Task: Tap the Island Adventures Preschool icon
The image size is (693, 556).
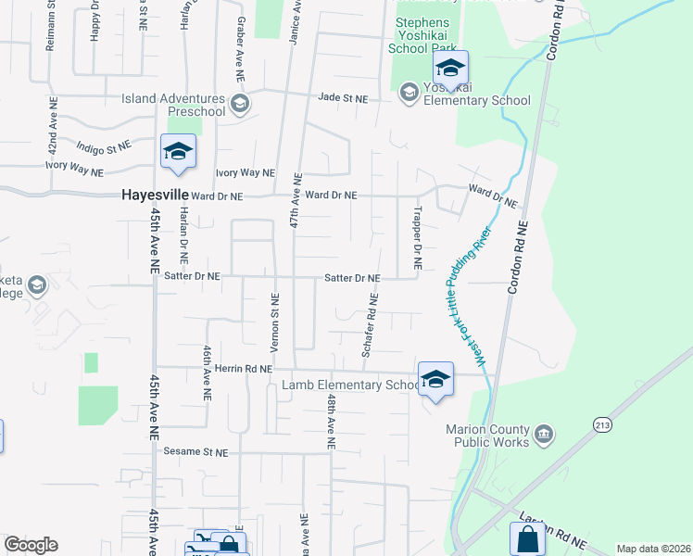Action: pyautogui.click(x=240, y=103)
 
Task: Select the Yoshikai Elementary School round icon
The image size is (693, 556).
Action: pyautogui.click(x=409, y=92)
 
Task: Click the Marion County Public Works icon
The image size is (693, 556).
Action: pyautogui.click(x=544, y=433)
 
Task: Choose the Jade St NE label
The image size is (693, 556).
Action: pyautogui.click(x=343, y=96)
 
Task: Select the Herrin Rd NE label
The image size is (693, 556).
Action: pyautogui.click(x=240, y=368)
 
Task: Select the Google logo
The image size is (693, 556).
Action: pyautogui.click(x=31, y=545)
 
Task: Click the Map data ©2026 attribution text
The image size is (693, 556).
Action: pyautogui.click(x=653, y=549)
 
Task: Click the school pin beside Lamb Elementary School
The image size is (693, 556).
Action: pyautogui.click(x=435, y=379)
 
